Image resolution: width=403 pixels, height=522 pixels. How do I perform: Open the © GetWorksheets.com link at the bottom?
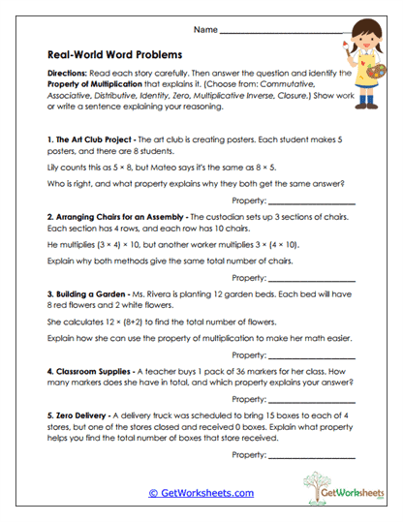201,493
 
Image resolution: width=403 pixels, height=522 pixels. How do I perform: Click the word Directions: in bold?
67,74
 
